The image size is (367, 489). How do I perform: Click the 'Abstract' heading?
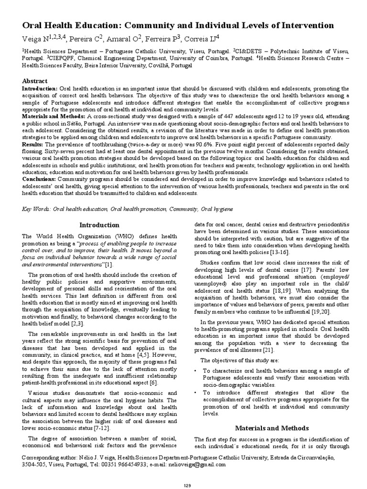click(35, 81)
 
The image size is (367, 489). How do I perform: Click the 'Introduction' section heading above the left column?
click(99, 225)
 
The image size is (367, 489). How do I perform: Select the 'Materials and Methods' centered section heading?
click(272, 428)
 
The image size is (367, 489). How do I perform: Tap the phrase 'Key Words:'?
click(37, 209)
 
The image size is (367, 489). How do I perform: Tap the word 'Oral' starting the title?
click(33, 25)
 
